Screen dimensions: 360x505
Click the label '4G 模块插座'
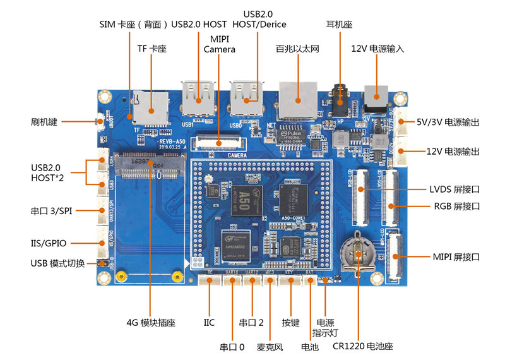click(x=151, y=323)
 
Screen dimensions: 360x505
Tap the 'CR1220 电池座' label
click(x=363, y=346)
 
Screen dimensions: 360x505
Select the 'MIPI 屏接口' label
click(x=456, y=257)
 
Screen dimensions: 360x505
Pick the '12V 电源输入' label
click(x=377, y=49)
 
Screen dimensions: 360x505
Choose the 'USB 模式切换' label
click(x=57, y=263)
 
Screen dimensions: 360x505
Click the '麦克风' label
click(x=270, y=347)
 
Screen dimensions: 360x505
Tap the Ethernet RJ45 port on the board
click(x=297, y=98)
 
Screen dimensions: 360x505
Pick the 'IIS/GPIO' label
click(x=49, y=243)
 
